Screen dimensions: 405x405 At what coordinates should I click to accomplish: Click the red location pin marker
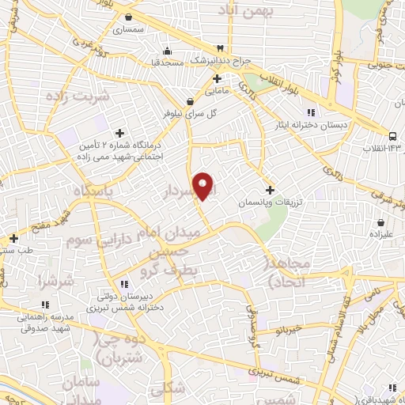pos(203,185)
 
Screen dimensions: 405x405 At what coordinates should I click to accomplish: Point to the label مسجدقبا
pos(167,61)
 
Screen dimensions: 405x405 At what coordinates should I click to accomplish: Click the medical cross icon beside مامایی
pos(217,78)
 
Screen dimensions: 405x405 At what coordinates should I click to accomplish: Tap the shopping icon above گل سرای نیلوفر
pos(190,100)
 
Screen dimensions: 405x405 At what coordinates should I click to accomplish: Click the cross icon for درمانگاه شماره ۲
pos(119,133)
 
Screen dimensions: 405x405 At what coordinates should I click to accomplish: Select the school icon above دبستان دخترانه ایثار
pos(311,112)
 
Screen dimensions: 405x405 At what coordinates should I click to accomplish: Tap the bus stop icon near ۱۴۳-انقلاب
pos(393,135)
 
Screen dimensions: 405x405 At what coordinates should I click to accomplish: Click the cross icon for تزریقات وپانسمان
pos(271,190)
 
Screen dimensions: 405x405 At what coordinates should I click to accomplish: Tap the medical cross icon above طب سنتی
pos(13,238)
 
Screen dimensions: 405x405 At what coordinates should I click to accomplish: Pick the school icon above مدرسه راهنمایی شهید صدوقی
pos(45,304)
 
